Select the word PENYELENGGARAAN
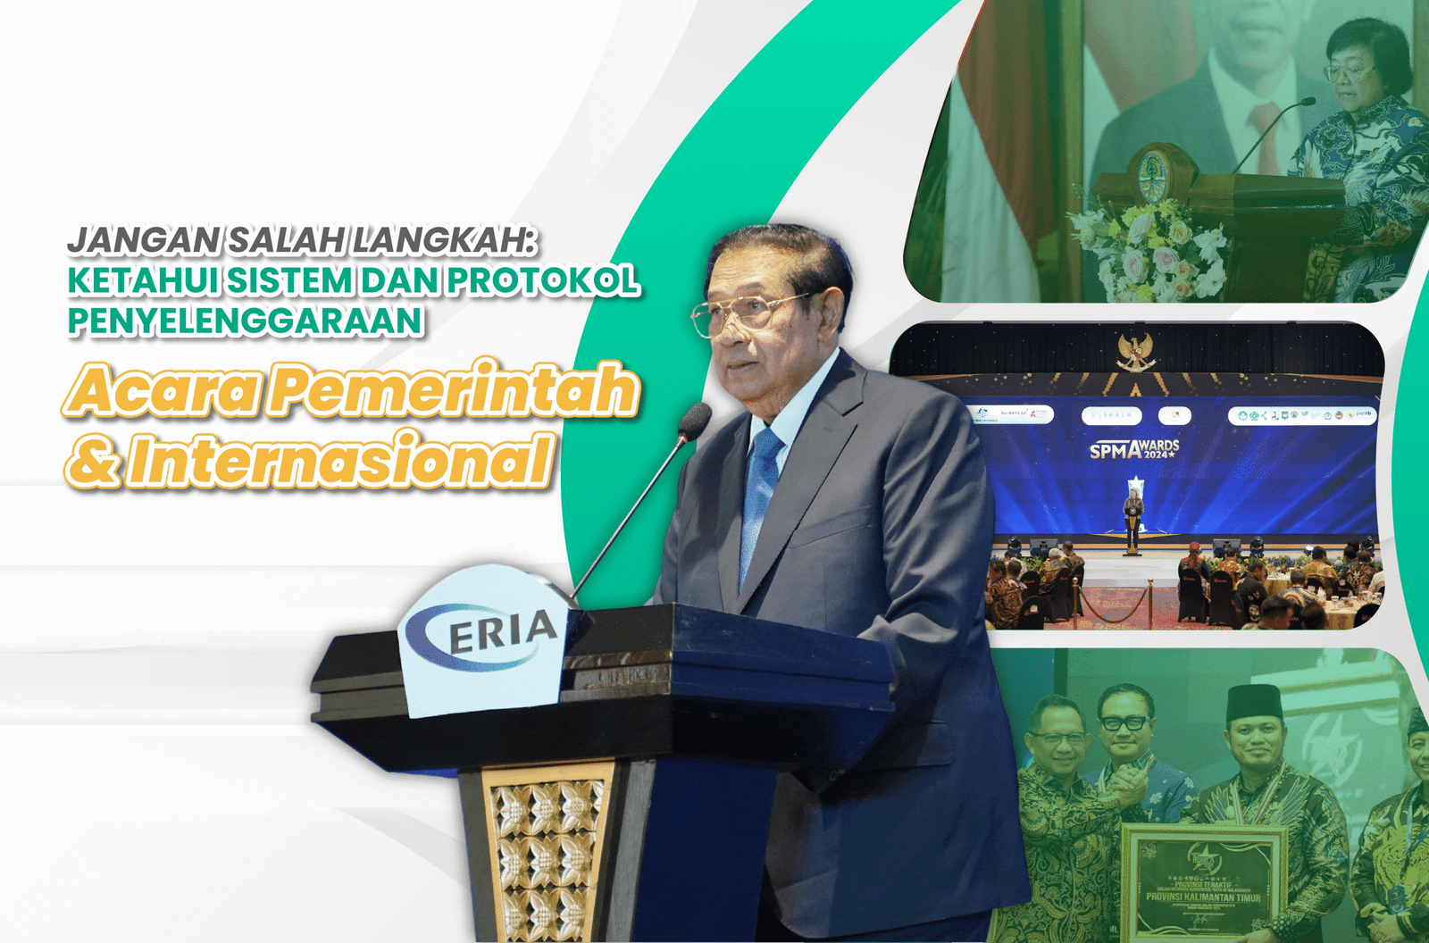pos(246,321)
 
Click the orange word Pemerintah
pos(454,389)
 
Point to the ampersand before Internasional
pos(92,461)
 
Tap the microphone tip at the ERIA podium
pos(695,420)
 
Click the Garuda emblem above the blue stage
pos(1136,351)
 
